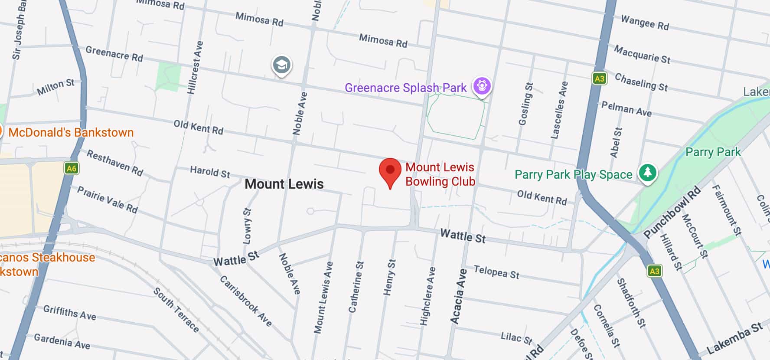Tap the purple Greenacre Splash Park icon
(482, 85)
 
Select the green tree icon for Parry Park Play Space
(647, 173)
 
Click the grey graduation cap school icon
(282, 65)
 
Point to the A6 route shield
(71, 168)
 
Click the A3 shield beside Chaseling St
(599, 79)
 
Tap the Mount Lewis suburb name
(284, 184)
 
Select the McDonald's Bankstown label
(71, 133)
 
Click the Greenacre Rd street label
(114, 53)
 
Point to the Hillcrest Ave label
(195, 68)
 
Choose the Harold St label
(210, 172)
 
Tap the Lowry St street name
(247, 226)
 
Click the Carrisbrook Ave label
(246, 301)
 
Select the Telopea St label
(496, 272)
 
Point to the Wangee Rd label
(645, 22)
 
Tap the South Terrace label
(176, 310)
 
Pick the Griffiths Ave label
(69, 312)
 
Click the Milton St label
(55, 87)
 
